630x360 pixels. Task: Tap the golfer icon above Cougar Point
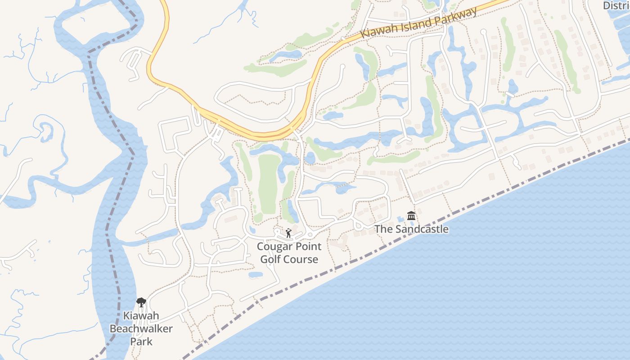tap(288, 233)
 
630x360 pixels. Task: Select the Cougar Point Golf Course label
tap(289, 253)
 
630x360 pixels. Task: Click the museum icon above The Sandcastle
tap(411, 216)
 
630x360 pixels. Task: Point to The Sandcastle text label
tap(411, 229)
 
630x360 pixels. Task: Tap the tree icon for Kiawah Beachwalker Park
tap(141, 302)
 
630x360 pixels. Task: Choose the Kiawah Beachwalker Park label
tap(141, 328)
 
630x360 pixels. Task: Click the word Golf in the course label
tap(271, 259)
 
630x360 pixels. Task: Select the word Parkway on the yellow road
tap(456, 16)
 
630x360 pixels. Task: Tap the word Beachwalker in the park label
tap(141, 328)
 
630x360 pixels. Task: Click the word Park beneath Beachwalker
tap(141, 341)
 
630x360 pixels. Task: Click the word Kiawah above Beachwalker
tap(141, 316)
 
